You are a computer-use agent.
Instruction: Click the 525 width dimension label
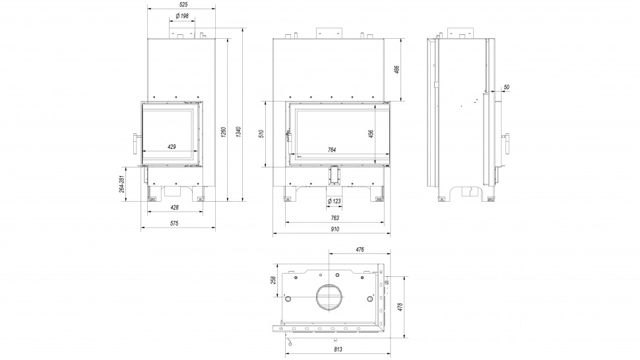coord(181,5)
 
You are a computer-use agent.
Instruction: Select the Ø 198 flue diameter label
coord(182,15)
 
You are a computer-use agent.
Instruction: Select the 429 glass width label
coord(172,146)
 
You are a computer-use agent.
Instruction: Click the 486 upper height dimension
coord(397,69)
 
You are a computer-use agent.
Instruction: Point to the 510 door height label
coord(262,134)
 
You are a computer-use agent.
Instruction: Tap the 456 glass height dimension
coord(371,133)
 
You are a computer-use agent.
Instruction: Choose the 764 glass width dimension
coord(333,150)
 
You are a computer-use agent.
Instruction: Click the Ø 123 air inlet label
coord(334,200)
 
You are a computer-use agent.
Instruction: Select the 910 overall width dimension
coord(335,229)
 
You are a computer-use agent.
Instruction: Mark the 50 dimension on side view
coord(506,86)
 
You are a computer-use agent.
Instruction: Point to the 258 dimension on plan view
coord(273,280)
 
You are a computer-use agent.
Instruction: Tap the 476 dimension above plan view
coord(360,249)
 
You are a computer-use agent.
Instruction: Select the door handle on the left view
coord(136,143)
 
